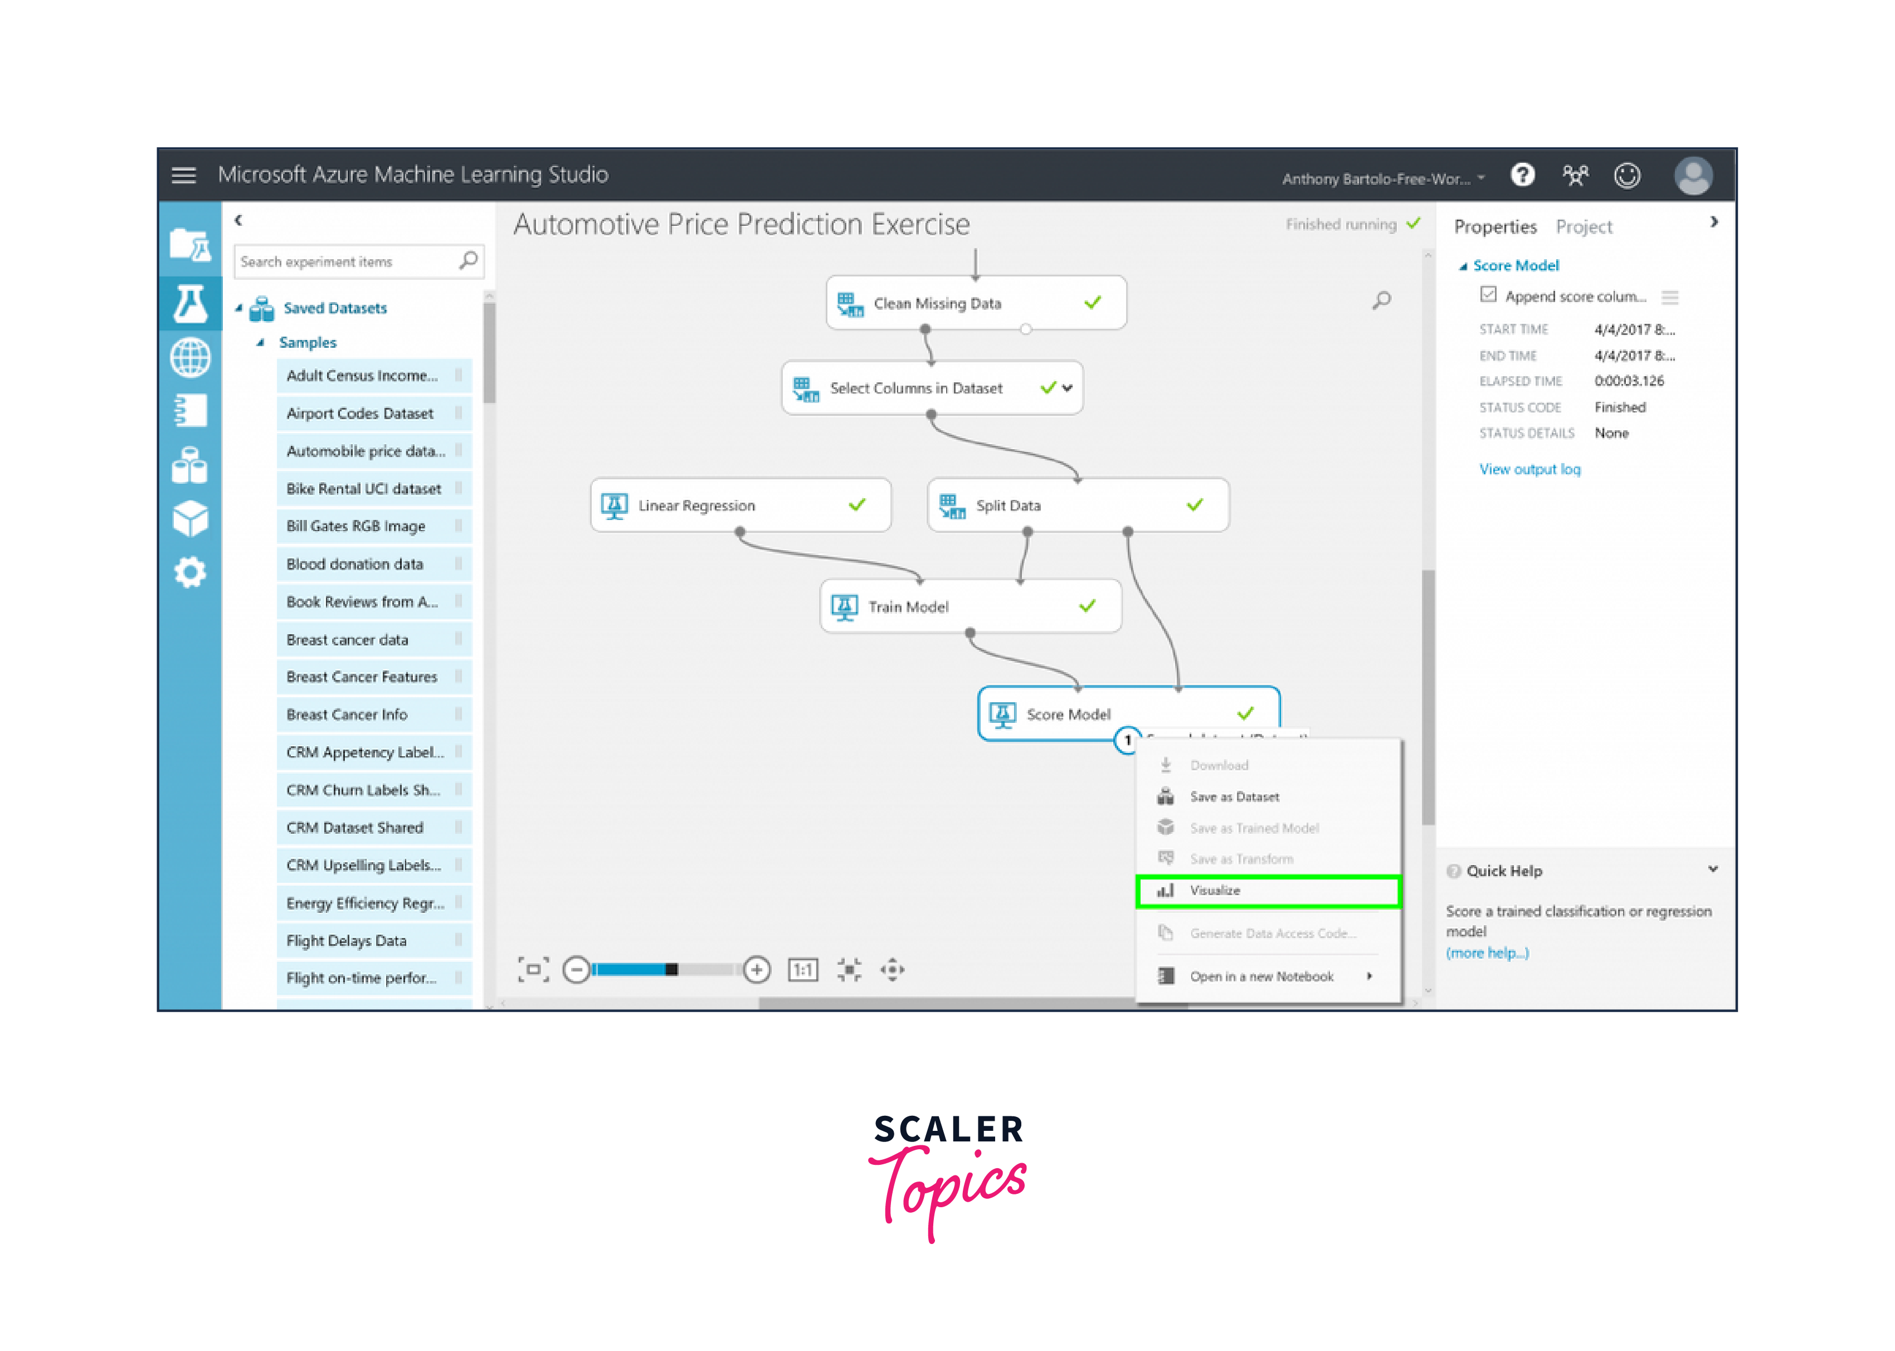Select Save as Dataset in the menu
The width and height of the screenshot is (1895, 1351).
1234,797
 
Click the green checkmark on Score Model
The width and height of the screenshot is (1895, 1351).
1245,714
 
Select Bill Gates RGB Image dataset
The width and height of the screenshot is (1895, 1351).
356,526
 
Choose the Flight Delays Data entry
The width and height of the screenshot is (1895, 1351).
347,941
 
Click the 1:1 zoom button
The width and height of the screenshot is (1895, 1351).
802,970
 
